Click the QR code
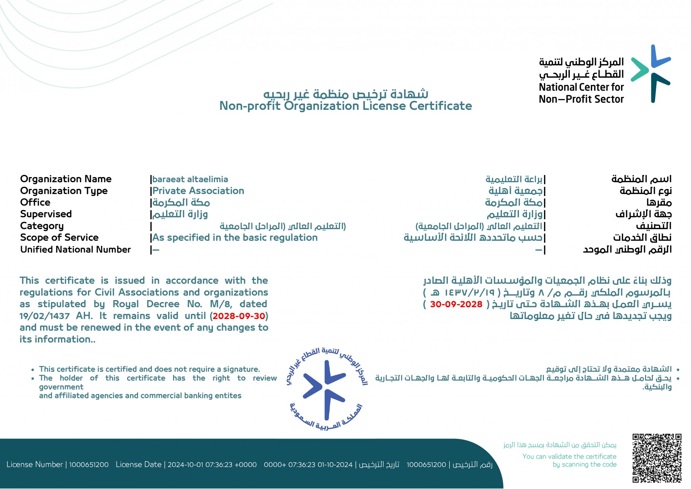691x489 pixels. (657, 458)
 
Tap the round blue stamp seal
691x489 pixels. (326, 389)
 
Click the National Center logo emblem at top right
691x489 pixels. (651, 73)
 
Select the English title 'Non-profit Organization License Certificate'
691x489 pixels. (345, 106)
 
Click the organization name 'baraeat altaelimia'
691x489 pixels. (190, 179)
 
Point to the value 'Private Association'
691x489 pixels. (198, 191)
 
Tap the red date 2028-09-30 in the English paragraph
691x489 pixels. (239, 316)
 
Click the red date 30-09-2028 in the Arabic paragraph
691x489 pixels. (456, 304)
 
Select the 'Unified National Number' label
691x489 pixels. (75, 249)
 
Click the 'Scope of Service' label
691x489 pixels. (59, 238)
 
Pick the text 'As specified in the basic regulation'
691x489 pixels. (235, 238)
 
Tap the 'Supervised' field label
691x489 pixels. (46, 214)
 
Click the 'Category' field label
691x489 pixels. (42, 226)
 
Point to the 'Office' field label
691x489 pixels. (35, 202)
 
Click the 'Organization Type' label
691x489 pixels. (64, 191)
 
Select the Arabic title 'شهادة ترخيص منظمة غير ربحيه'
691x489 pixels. (345, 94)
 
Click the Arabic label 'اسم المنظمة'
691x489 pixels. (641, 179)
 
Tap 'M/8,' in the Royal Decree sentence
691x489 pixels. (221, 304)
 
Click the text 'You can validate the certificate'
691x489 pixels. (569, 457)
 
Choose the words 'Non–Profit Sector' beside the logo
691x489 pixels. (581, 99)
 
